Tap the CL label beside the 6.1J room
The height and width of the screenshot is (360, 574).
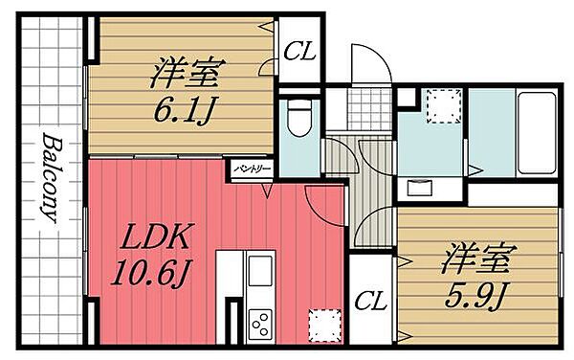click(x=298, y=53)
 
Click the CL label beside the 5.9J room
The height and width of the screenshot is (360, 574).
click(x=370, y=302)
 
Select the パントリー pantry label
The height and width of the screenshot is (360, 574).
click(x=250, y=169)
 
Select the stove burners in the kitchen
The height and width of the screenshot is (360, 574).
click(x=259, y=322)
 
